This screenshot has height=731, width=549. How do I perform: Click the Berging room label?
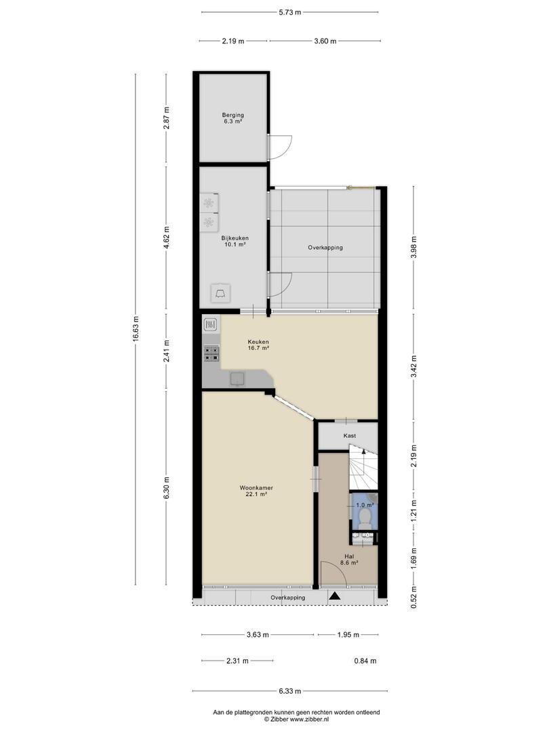click(x=233, y=118)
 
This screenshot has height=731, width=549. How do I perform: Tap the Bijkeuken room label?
click(x=235, y=241)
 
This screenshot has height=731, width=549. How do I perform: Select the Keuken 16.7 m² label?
click(x=258, y=345)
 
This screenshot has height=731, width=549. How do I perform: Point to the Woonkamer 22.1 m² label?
click(x=256, y=491)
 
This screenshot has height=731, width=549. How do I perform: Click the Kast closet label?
click(x=350, y=435)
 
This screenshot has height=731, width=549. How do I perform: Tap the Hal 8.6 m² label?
click(x=349, y=560)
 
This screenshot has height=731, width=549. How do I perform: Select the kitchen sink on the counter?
click(x=237, y=379)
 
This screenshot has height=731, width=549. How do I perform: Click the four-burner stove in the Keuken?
click(x=211, y=353)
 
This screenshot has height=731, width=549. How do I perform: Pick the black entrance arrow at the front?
click(x=334, y=596)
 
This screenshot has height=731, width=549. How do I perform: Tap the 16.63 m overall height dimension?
click(x=136, y=329)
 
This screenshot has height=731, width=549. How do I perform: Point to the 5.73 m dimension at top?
click(x=290, y=13)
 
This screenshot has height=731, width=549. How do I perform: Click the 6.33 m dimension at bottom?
click(x=290, y=691)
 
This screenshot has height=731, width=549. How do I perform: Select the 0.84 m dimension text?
click(x=365, y=661)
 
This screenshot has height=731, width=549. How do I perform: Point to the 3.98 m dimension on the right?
click(x=414, y=247)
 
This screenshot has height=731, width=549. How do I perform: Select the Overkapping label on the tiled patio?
click(x=325, y=248)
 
